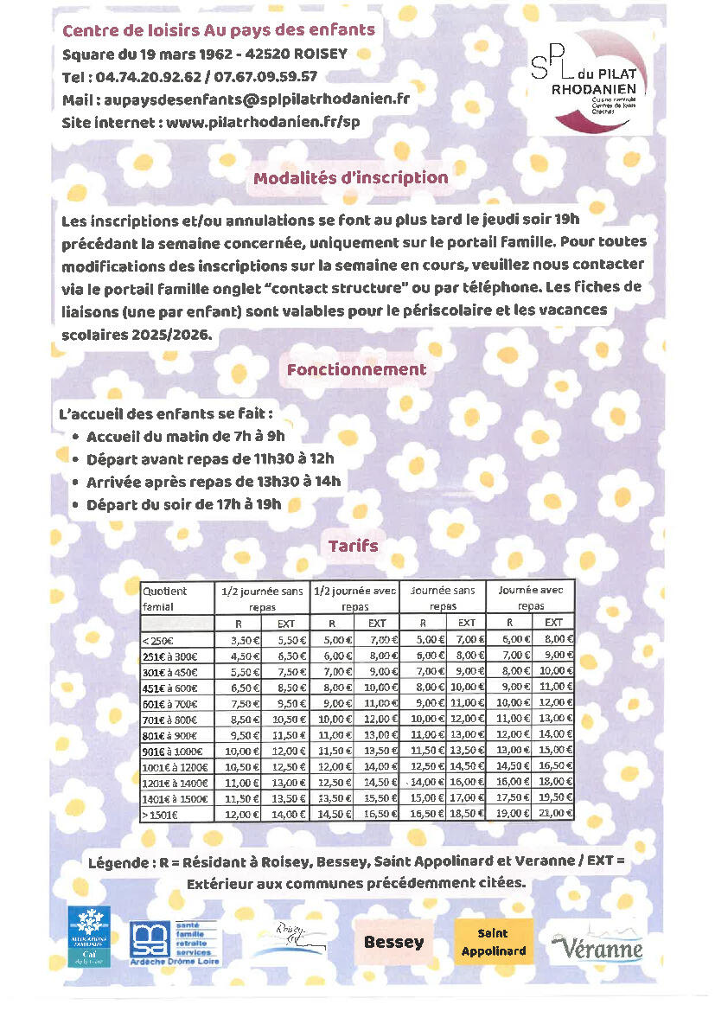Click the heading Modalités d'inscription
(x=350, y=178)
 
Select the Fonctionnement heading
(x=356, y=369)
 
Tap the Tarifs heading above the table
(x=353, y=546)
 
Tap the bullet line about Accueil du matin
(x=185, y=437)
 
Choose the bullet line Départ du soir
(x=184, y=504)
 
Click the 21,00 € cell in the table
(x=553, y=813)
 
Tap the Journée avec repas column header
(x=531, y=598)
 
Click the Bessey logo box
(x=393, y=942)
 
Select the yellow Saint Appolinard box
(x=492, y=942)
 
